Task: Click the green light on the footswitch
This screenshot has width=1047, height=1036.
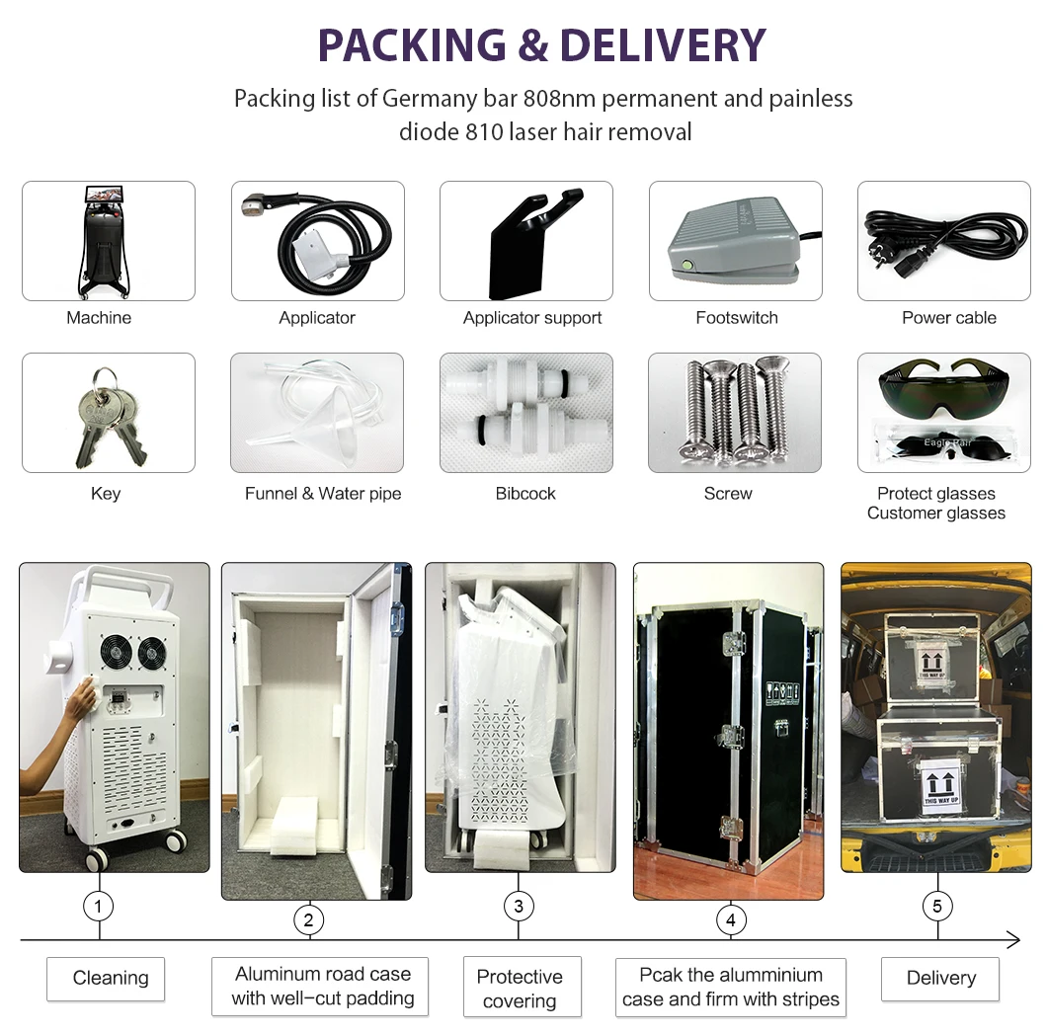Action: (686, 264)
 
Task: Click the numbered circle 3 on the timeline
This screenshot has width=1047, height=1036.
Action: (519, 906)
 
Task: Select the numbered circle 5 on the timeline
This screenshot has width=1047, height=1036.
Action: (937, 906)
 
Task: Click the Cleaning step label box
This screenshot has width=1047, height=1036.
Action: (106, 978)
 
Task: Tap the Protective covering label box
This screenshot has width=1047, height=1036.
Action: (520, 988)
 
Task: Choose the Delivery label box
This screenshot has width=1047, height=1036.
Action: (940, 978)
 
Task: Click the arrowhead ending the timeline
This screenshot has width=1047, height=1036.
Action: (1013, 939)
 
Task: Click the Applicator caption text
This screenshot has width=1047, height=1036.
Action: (317, 318)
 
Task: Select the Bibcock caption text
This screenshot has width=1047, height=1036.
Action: (525, 494)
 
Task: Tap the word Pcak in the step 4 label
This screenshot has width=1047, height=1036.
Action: (660, 975)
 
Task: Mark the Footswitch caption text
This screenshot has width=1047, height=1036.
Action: (737, 318)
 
